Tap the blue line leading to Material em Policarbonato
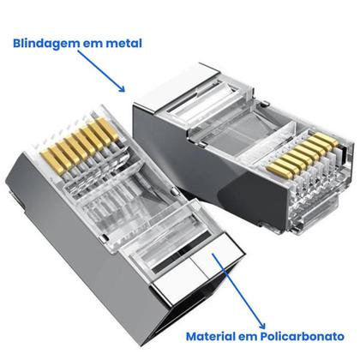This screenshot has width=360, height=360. pyautogui.click(x=237, y=291)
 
